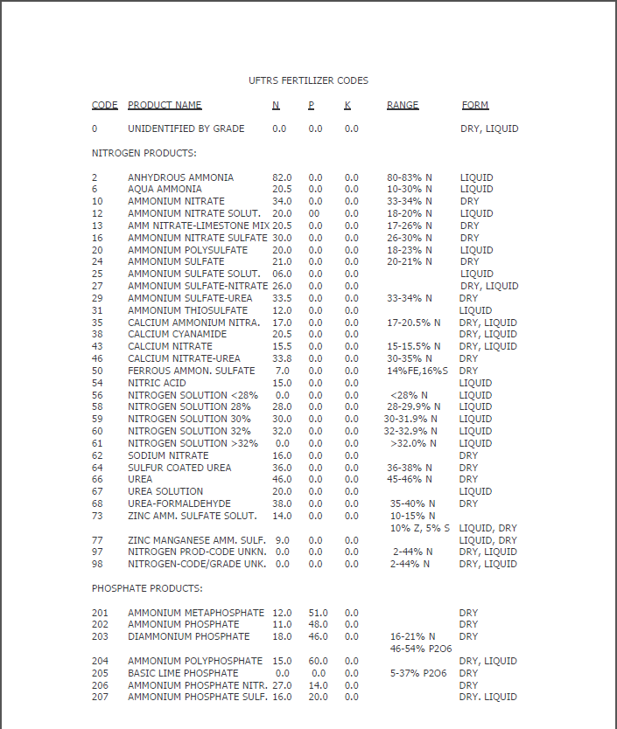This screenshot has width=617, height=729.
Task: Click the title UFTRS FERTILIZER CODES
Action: point(308,80)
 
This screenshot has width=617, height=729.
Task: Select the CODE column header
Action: point(104,105)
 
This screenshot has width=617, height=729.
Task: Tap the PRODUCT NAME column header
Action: point(165,105)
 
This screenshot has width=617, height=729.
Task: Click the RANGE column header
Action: point(403,105)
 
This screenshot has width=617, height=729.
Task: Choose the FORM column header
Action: point(475,105)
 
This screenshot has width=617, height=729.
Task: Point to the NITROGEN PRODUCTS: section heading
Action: point(144,153)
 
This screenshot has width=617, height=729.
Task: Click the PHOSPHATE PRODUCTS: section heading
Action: point(147,588)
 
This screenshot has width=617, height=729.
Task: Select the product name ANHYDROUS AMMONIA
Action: point(180,177)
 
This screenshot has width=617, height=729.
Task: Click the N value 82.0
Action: point(282,177)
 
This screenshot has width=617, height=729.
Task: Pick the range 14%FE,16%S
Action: point(417,371)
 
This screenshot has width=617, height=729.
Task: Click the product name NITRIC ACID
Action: point(158,383)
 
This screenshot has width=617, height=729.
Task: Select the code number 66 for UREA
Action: point(97,479)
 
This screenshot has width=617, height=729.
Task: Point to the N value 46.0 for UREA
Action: point(282,479)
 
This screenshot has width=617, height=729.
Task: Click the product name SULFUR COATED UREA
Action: point(179,468)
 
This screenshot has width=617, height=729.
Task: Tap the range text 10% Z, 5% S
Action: point(420,528)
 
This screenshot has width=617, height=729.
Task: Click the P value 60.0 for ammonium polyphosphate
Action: point(318,661)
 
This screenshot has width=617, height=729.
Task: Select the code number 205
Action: point(100,673)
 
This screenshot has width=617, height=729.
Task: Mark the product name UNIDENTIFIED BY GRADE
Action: point(186,128)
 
